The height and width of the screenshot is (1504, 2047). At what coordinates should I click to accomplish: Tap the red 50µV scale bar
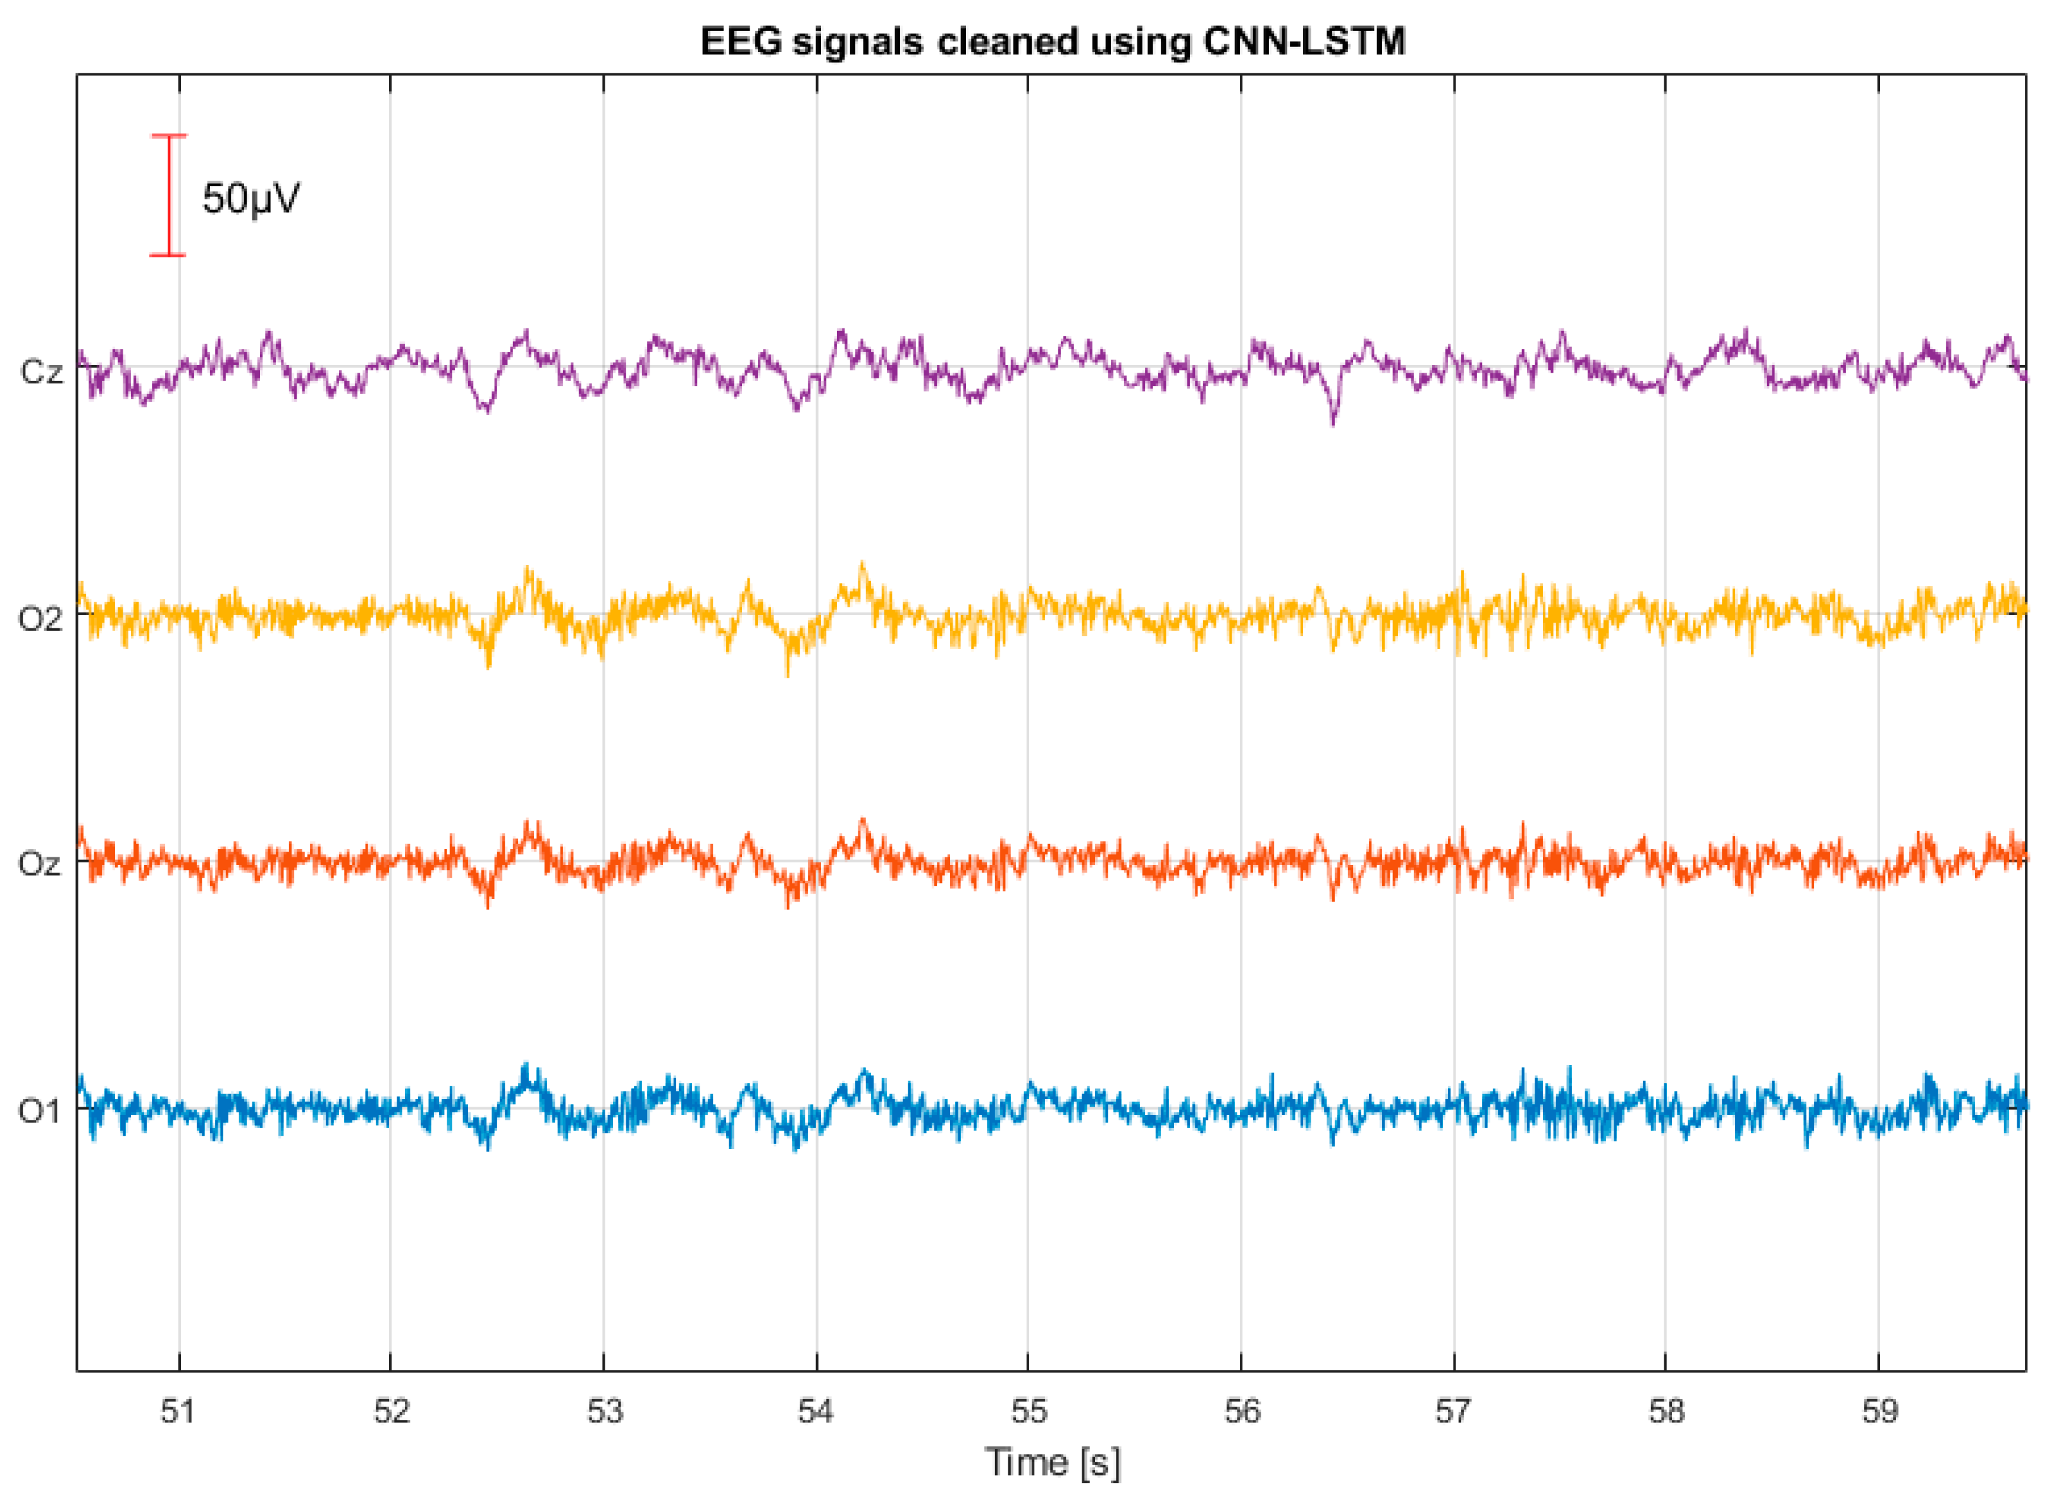(168, 196)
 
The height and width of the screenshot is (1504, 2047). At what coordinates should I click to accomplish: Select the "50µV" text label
(250, 199)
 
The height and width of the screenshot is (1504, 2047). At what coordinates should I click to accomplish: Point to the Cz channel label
(41, 371)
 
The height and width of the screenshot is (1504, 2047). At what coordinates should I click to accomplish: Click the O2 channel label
(40, 619)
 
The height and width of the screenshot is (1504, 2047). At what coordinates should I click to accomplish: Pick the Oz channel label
(40, 864)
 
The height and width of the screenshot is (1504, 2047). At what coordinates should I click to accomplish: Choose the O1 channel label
(40, 1112)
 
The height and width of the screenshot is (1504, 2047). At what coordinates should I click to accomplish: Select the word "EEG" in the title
(740, 42)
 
